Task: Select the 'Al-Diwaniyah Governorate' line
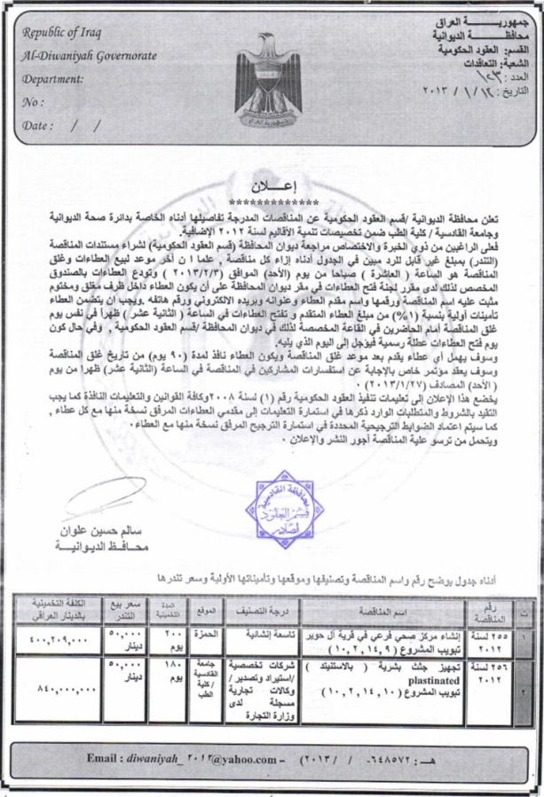click(83, 57)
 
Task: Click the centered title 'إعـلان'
click(272, 187)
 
